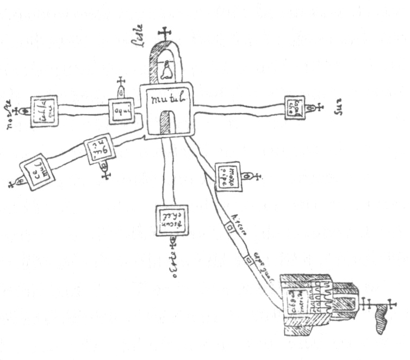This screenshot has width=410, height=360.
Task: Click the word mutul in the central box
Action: [167, 100]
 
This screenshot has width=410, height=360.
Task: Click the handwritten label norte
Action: [8, 111]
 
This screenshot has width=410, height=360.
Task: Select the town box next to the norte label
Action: [44, 111]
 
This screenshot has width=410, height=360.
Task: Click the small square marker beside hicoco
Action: [229, 229]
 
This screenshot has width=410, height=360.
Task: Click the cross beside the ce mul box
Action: [12, 183]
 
